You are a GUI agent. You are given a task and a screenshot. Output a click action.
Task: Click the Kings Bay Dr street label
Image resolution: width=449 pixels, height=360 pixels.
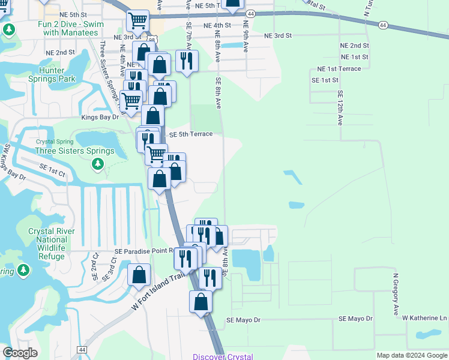(100, 117)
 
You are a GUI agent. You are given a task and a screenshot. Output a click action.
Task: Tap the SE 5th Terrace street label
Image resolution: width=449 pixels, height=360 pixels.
(191, 134)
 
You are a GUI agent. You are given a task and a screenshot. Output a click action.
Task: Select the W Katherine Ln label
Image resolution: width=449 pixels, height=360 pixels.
(424, 317)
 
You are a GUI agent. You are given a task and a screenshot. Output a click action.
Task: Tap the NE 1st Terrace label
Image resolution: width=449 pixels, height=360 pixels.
(339, 69)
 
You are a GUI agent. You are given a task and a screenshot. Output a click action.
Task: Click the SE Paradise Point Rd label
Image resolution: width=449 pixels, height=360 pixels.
(144, 251)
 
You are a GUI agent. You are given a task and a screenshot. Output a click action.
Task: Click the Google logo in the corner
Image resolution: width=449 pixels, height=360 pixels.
(20, 352)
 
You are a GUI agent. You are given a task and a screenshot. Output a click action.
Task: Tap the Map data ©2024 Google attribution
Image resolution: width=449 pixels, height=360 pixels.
(411, 355)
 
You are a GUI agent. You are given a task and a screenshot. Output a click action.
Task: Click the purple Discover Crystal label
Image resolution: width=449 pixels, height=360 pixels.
(223, 356)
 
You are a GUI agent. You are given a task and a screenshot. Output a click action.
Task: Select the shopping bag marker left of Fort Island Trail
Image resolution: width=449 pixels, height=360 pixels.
(139, 276)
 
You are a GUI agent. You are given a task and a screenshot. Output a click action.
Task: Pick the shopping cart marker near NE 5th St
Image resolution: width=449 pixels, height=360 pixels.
(138, 21)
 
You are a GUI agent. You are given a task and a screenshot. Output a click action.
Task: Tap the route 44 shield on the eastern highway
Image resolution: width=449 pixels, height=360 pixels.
(382, 25)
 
